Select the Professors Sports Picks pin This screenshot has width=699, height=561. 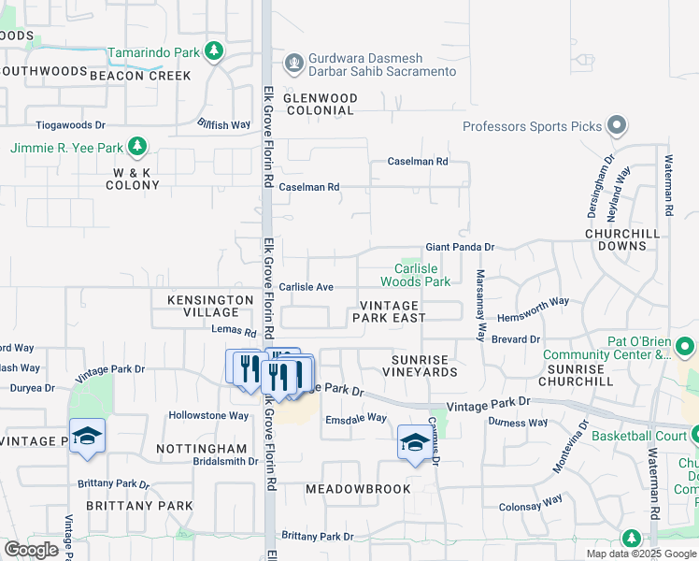pyautogui.click(x=616, y=125)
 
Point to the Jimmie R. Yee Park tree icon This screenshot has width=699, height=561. pyautogui.click(x=137, y=147)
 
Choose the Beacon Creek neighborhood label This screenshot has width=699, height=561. pyautogui.click(x=140, y=76)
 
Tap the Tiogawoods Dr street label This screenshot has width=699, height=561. pyautogui.click(x=71, y=124)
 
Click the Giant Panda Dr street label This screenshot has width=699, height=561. pyautogui.click(x=459, y=247)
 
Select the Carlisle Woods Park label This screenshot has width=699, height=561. pyautogui.click(x=416, y=274)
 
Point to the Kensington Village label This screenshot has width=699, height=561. pyautogui.click(x=210, y=306)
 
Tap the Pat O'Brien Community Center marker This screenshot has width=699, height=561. pyautogui.click(x=686, y=348)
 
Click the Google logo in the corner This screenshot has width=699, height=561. pyautogui.click(x=31, y=549)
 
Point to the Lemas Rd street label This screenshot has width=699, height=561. pyautogui.click(x=234, y=332)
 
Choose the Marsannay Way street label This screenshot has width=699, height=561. pyautogui.click(x=481, y=305)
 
